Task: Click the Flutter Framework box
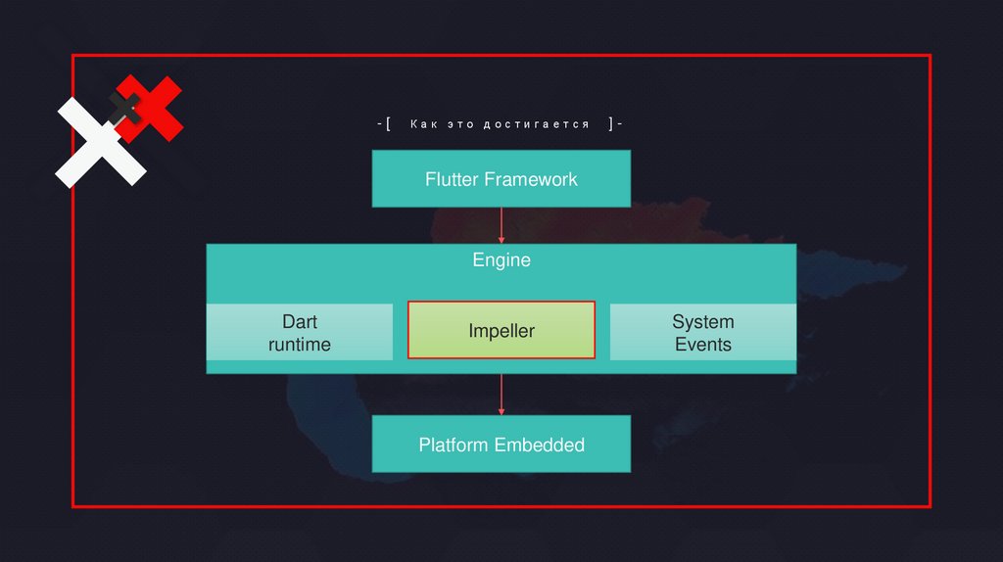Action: [501, 179]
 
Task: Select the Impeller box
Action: [501, 331]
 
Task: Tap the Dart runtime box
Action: [300, 333]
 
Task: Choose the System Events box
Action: [702, 333]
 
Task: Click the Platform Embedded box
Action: [501, 445]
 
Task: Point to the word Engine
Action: [501, 260]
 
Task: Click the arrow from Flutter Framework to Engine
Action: [501, 225]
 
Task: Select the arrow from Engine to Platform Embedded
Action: [501, 395]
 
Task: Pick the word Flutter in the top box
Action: [452, 179]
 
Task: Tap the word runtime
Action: [300, 345]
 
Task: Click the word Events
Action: [702, 345]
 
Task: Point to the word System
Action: [702, 321]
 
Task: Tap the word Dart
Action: [300, 321]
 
